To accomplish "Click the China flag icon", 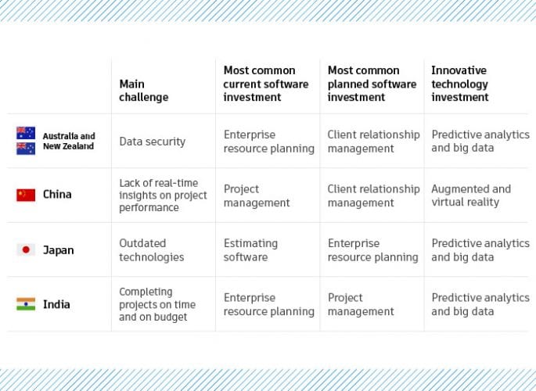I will point(26,195).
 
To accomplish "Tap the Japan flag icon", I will point(26,250).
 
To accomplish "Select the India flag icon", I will point(26,304).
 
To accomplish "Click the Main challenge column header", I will point(143,91).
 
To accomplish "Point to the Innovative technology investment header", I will point(459,84).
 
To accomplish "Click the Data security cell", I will point(152,142).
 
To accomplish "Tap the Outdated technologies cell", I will point(151,250).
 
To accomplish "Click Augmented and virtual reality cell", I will point(470,195).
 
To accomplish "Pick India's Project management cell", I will point(360,304).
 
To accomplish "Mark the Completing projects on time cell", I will point(157,304).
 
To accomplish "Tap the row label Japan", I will point(58,250).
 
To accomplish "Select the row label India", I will point(56,304).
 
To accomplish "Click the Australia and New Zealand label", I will point(68,142).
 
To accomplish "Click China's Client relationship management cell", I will point(373,195).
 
